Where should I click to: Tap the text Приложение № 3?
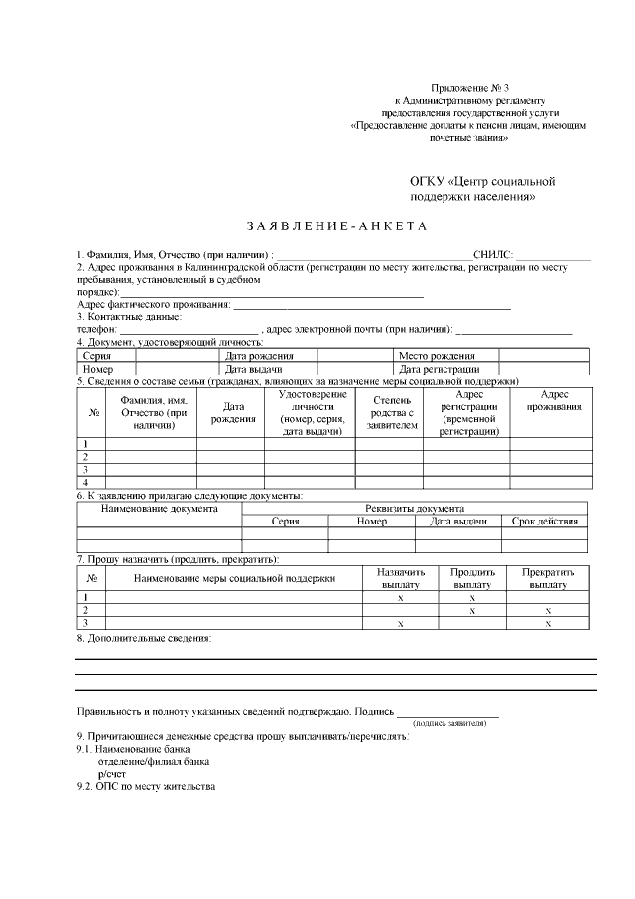point(470,89)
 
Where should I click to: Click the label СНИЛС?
point(492,255)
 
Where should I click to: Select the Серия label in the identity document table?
point(97,355)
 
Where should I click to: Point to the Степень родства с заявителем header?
point(385,412)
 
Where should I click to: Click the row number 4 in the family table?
point(86,482)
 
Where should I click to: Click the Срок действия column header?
point(545,521)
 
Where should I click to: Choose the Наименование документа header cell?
point(160,508)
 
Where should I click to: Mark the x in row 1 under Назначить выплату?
point(400,598)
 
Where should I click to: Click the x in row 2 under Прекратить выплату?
point(548,611)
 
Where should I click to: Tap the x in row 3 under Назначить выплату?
point(400,624)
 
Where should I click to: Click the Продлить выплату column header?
point(472,579)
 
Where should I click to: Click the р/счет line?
point(112,772)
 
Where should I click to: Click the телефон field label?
point(96,329)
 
